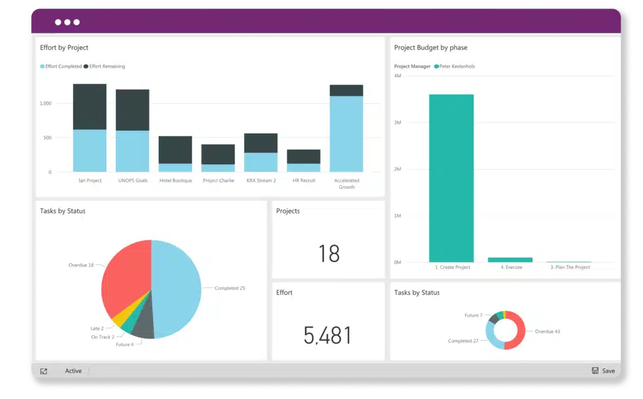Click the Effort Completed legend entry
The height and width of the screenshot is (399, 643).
pyautogui.click(x=61, y=66)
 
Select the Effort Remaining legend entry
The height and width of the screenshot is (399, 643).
pyautogui.click(x=107, y=66)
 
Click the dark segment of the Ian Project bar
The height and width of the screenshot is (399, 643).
pyautogui.click(x=89, y=107)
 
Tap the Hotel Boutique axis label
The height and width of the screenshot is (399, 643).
pyautogui.click(x=175, y=181)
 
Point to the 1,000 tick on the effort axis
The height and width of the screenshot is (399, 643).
pyautogui.click(x=45, y=104)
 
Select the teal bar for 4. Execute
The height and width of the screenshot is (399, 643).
pyautogui.click(x=510, y=259)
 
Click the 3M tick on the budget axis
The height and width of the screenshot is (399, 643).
pyautogui.click(x=397, y=123)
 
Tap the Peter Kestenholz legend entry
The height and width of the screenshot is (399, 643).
pyautogui.click(x=457, y=66)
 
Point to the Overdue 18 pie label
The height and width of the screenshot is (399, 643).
pyautogui.click(x=81, y=265)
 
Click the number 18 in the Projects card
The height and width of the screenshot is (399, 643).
pyautogui.click(x=328, y=253)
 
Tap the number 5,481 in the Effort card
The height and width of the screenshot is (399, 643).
pyautogui.click(x=328, y=335)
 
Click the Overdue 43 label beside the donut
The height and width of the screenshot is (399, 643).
pyautogui.click(x=547, y=331)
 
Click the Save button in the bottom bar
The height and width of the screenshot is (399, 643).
pyautogui.click(x=603, y=371)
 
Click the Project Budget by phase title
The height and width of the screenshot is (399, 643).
pyautogui.click(x=430, y=48)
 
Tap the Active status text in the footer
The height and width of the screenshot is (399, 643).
pyautogui.click(x=73, y=371)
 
